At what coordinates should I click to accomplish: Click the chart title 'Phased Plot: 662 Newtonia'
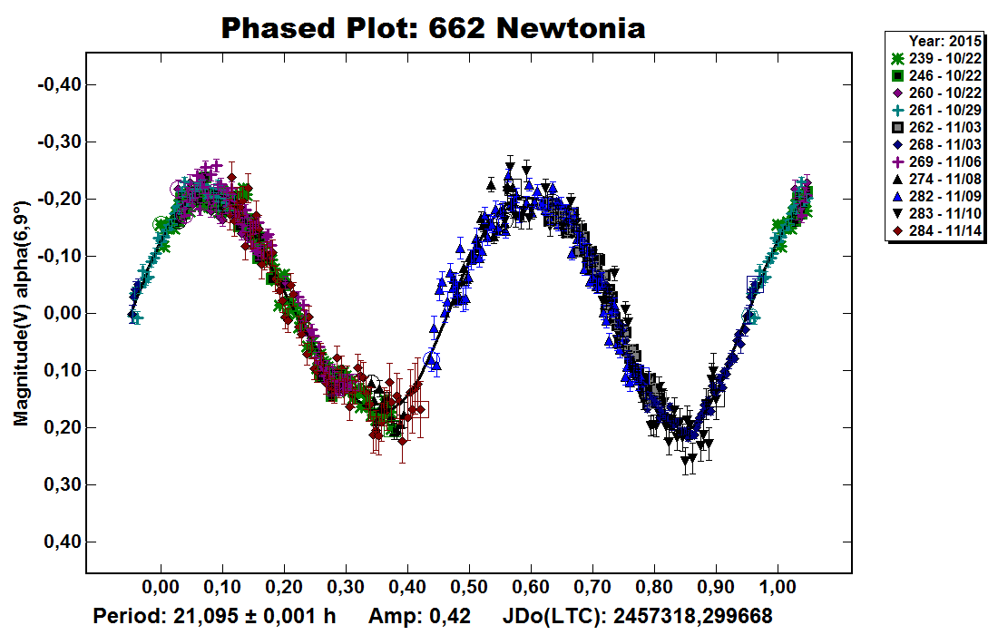click(434, 28)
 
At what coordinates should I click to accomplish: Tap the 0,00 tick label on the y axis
click(61, 313)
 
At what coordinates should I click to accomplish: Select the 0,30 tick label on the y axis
click(61, 484)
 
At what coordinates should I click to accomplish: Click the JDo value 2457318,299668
click(693, 617)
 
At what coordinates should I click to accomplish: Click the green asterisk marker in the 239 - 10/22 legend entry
click(896, 57)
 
